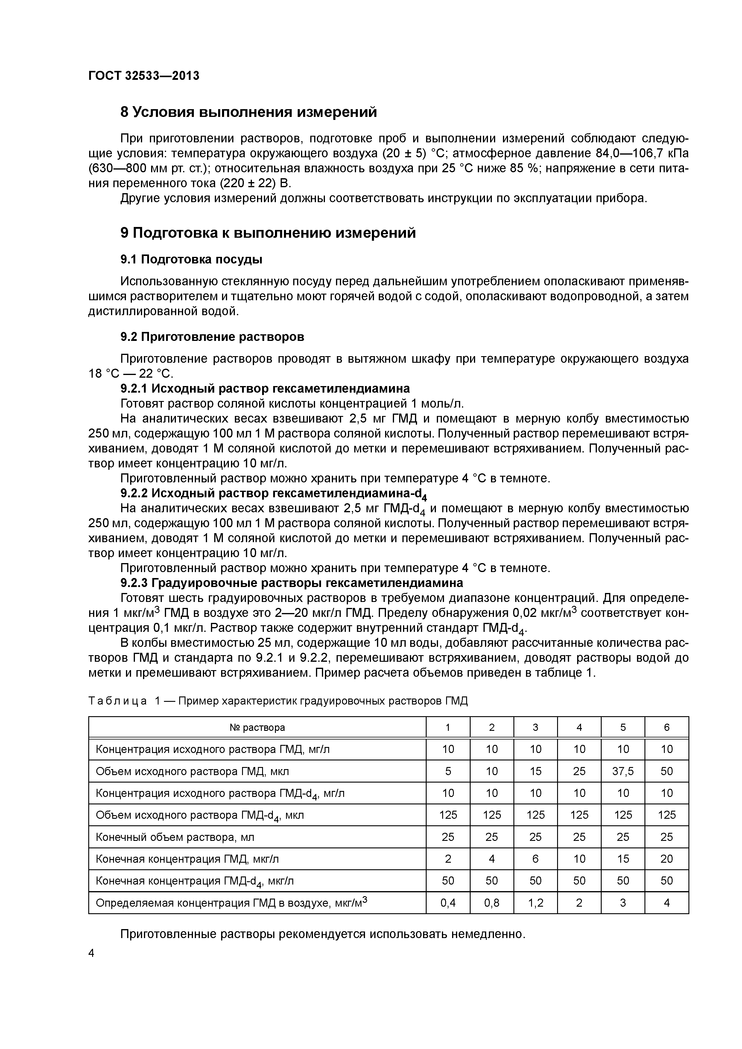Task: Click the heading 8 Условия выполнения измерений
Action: (x=248, y=112)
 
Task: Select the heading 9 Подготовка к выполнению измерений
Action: (x=268, y=233)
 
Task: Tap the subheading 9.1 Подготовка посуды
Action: (x=191, y=260)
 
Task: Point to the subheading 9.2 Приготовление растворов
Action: (x=212, y=337)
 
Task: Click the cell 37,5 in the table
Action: (x=623, y=771)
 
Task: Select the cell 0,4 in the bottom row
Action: (x=448, y=903)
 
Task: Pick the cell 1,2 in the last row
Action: (x=535, y=903)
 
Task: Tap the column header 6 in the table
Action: (x=667, y=727)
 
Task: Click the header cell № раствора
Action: (x=257, y=727)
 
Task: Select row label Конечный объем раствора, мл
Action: (x=175, y=837)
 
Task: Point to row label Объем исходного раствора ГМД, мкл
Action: (x=192, y=771)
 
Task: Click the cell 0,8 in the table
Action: (x=492, y=903)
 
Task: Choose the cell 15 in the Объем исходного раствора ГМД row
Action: (x=535, y=771)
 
